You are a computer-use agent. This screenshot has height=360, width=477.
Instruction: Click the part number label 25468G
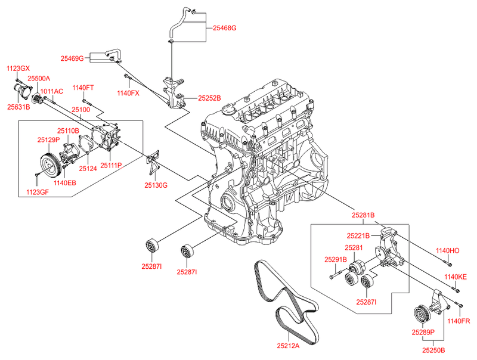225,28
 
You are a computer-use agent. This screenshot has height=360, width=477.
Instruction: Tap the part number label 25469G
72,58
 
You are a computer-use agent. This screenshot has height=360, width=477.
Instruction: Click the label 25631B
18,107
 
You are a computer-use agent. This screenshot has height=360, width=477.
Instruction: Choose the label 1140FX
128,93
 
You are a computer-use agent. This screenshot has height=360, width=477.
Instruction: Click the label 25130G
156,185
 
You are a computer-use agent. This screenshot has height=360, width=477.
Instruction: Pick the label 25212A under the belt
288,345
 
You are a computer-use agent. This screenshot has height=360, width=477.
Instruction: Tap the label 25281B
363,215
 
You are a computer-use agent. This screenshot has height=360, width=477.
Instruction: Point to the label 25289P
423,331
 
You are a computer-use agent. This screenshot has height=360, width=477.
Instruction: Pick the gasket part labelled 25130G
155,158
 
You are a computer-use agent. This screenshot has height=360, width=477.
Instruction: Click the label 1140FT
83,88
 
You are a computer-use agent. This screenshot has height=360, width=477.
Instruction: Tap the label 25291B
336,259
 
